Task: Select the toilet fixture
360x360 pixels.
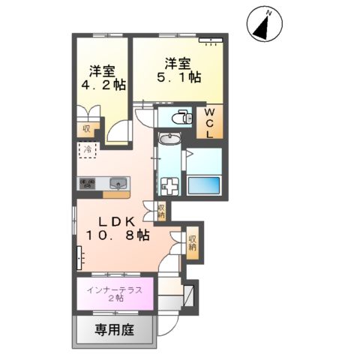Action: pos(181,116)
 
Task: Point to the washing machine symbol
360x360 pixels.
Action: pos(169,186)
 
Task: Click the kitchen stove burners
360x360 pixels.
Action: pos(88,183)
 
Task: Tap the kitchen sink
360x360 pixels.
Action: pos(118,183)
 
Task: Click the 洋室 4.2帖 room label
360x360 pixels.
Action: pos(101,79)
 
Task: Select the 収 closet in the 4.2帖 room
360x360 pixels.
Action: pos(86,128)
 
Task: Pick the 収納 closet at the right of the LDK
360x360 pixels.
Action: pos(192,241)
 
